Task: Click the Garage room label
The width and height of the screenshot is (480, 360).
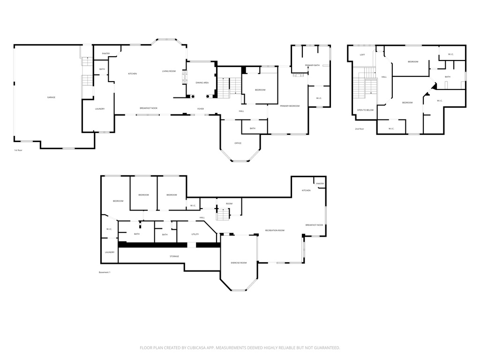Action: click(51, 97)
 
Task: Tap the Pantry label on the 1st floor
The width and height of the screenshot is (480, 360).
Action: click(105, 53)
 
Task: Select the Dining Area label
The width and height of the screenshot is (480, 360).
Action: click(202, 82)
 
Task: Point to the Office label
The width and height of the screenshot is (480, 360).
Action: click(238, 143)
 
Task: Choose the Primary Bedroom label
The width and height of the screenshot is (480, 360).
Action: click(290, 106)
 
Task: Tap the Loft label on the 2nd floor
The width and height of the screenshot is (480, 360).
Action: click(362, 55)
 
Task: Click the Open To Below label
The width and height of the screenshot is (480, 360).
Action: click(365, 110)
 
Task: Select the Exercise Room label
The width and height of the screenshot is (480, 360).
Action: click(239, 262)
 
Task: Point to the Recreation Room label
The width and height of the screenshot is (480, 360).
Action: click(275, 230)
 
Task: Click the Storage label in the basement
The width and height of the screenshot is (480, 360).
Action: click(174, 256)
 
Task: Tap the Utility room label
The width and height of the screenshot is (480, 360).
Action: click(195, 234)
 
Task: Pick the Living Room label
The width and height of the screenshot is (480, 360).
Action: click(169, 71)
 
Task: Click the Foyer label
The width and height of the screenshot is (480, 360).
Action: click(201, 109)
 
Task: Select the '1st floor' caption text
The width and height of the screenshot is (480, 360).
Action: click(18, 150)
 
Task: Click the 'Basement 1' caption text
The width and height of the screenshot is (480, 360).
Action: click(104, 272)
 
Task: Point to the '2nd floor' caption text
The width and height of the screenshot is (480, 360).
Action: click(359, 128)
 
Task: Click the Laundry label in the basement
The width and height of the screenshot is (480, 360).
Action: click(110, 252)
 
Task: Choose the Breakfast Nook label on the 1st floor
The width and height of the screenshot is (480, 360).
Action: click(149, 108)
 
